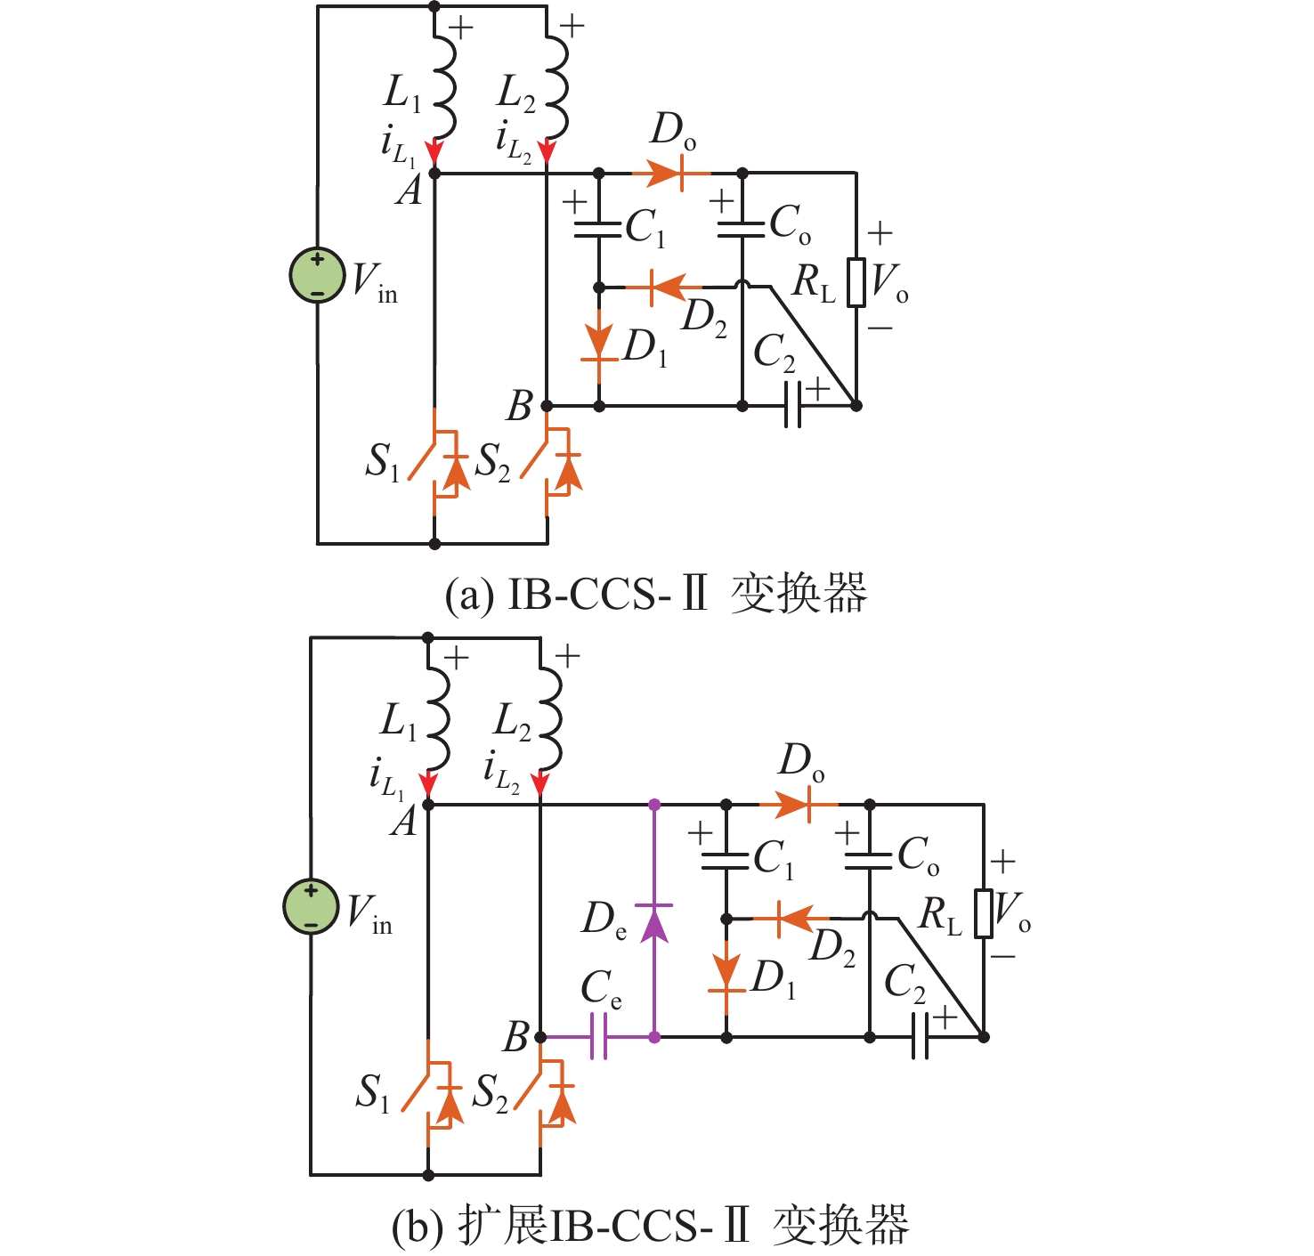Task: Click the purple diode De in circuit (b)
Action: [654, 922]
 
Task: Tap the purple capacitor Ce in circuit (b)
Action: [598, 1037]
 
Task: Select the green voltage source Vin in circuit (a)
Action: [318, 275]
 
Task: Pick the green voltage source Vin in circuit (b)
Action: [311, 906]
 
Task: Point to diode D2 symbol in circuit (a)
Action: [662, 287]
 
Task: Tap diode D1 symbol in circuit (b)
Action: [726, 975]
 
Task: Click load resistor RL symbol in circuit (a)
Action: [856, 282]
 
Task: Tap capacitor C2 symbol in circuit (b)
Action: [921, 1037]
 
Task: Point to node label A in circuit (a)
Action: [410, 190]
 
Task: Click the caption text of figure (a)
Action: [655, 595]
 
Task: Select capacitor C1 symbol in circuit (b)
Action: [726, 861]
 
